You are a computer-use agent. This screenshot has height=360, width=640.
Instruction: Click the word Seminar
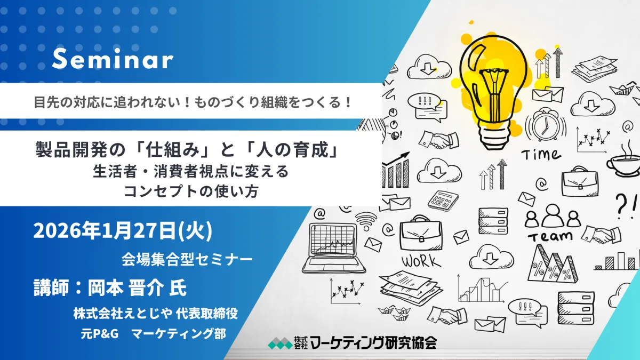point(113,59)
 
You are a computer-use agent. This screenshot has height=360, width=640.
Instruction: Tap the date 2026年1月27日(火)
point(123,231)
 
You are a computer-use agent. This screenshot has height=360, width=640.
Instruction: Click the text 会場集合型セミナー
point(187,259)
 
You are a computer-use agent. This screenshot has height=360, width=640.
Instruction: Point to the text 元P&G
point(99,333)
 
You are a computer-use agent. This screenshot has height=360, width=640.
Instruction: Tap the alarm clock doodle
point(546,125)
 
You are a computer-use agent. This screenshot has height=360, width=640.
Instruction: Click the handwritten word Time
point(541,155)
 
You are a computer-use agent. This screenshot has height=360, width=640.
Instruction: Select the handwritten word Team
point(550,236)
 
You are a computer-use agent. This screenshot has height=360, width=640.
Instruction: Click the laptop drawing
point(334,247)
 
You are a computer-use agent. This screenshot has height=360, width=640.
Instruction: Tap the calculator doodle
point(443,199)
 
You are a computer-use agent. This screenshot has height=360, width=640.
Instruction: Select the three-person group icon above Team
point(549,216)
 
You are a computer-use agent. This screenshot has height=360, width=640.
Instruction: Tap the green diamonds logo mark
point(280,343)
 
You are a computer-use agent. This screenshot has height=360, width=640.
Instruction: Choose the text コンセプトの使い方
point(191,191)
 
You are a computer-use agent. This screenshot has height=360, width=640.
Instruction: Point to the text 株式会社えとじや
point(123,314)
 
